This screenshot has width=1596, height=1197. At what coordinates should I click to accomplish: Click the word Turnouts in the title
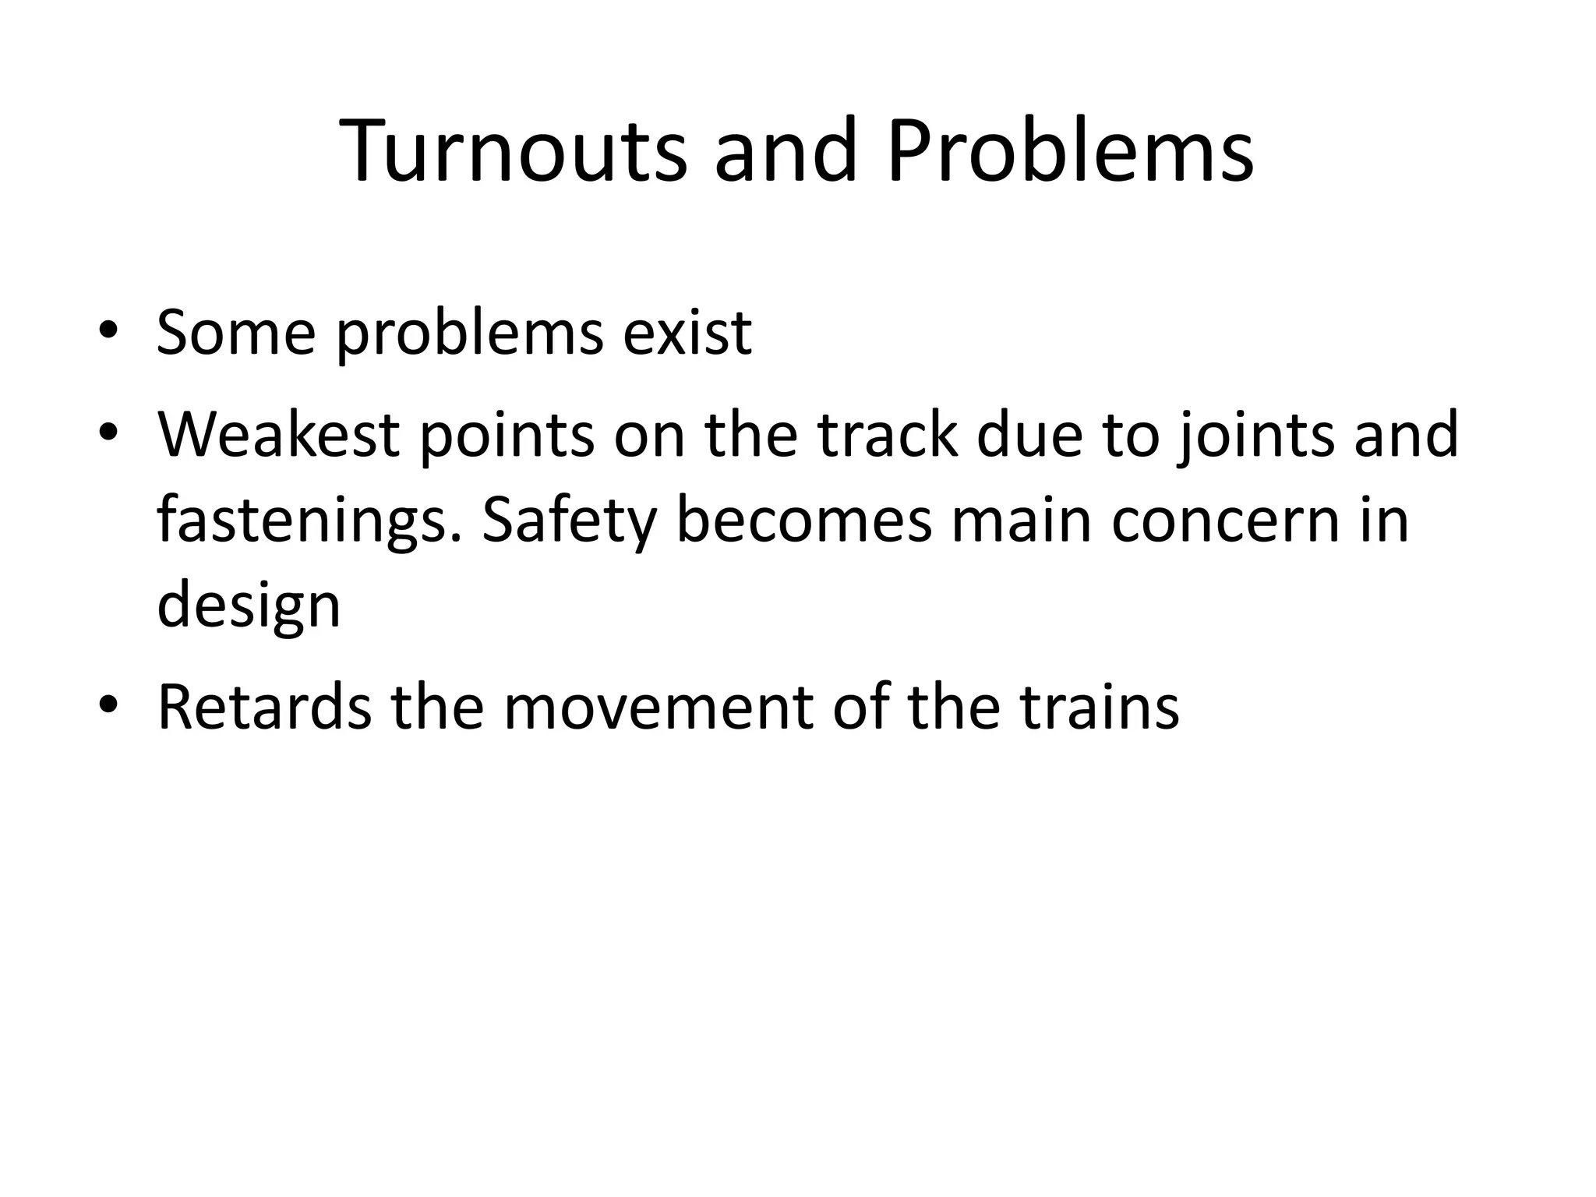pos(513,152)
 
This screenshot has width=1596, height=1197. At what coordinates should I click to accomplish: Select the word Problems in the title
pos(1070,152)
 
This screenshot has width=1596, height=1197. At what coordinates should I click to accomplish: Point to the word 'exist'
pos(687,333)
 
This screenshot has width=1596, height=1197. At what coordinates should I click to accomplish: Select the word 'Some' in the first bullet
pos(235,333)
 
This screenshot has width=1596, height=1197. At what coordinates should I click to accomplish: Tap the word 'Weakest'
pos(279,434)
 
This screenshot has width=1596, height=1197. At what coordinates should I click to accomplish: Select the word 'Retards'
pos(264,707)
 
